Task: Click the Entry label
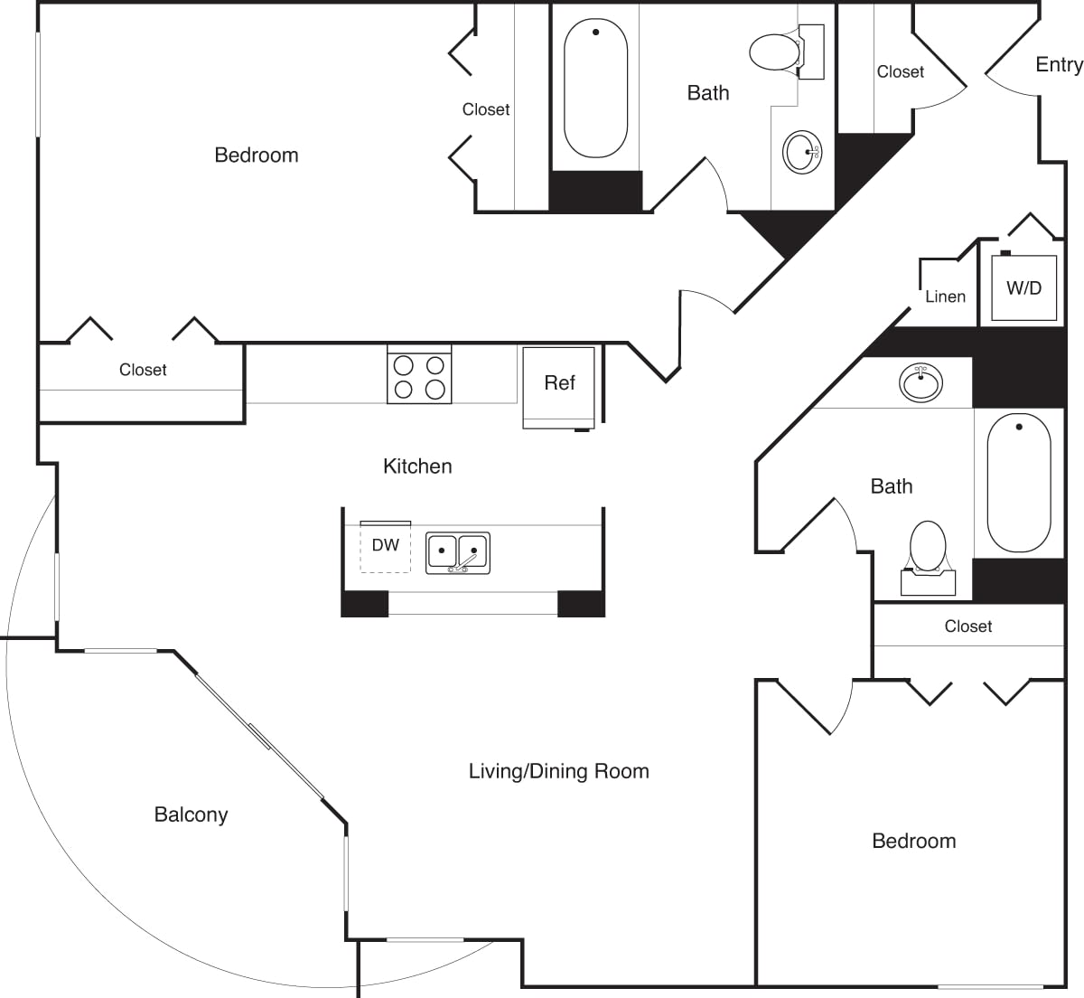point(1058,65)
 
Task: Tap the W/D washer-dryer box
point(1023,288)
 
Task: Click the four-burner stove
point(419,377)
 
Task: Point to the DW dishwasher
point(386,545)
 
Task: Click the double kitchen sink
point(458,552)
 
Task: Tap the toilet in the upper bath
point(775,52)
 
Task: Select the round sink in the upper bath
point(801,152)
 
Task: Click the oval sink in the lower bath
point(921,382)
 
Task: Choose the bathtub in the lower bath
point(1018,483)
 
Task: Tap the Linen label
point(945,297)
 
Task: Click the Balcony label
point(191,814)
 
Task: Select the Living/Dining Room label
point(558,771)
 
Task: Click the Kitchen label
point(417,466)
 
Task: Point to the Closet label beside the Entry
point(900,71)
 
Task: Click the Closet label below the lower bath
point(967,626)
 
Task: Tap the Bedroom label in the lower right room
point(913,841)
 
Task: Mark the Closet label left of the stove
point(143,370)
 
